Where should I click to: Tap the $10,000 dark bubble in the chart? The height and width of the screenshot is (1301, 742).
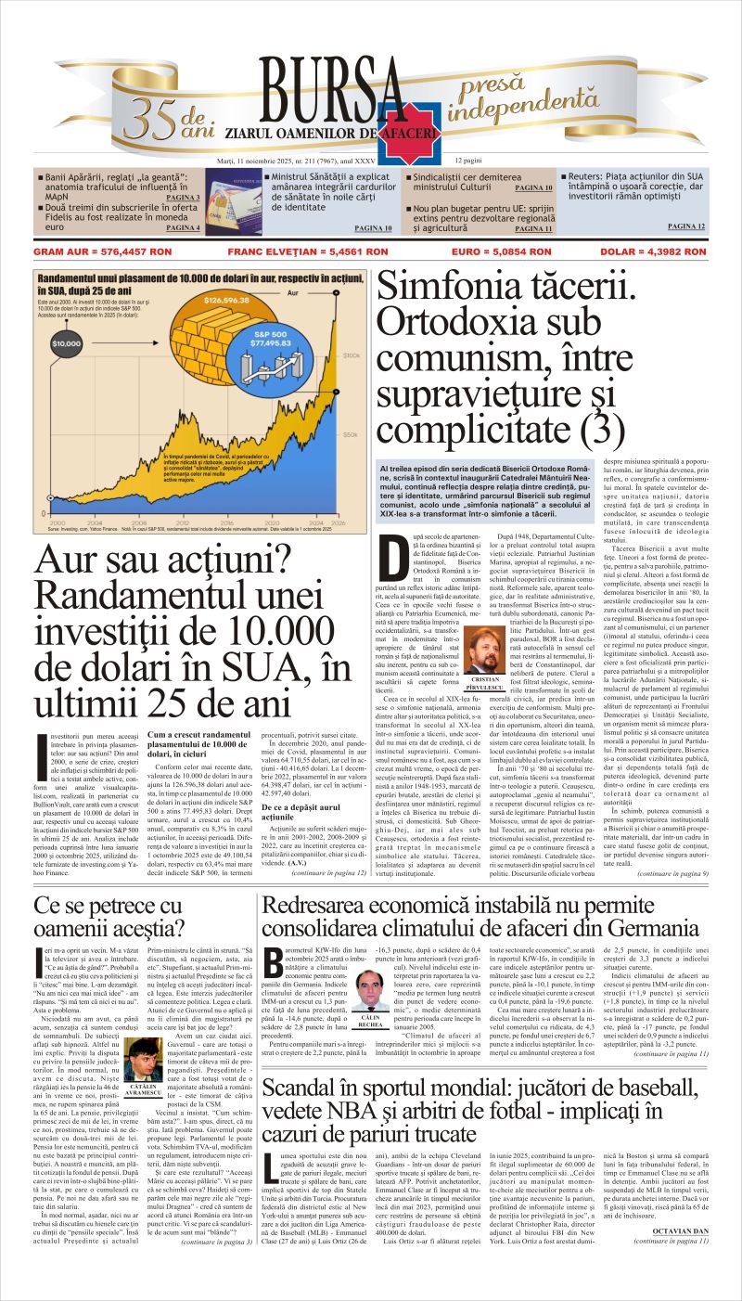[x=67, y=344]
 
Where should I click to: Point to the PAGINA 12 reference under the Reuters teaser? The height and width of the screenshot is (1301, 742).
[x=685, y=225]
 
